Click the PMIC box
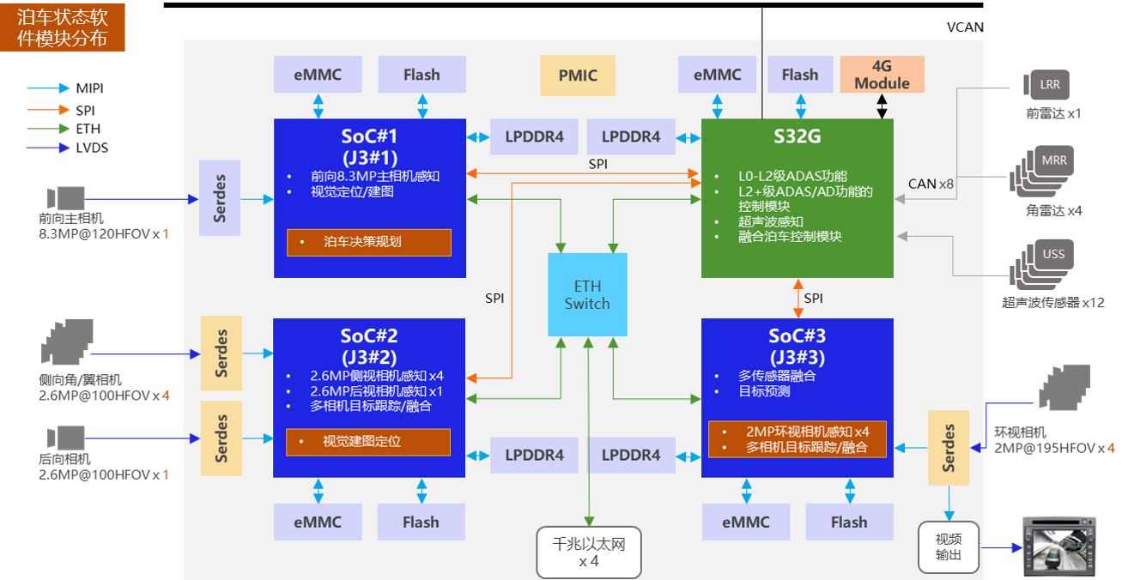coord(578,76)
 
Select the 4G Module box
coord(882,75)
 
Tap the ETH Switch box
coord(587,294)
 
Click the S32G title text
coord(797,136)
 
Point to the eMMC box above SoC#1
coord(318,75)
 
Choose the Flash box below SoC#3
coord(849,523)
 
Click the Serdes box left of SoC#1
coord(220,198)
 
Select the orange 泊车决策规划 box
coord(369,242)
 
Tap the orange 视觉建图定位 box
coord(368,442)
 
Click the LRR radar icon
coord(1046,84)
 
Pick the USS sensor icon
coord(1041,264)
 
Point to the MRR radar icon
coord(1041,172)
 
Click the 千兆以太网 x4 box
coord(589,553)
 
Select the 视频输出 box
coord(949,547)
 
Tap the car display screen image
coord(1059,547)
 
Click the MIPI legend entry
coord(65,88)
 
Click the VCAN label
coord(965,27)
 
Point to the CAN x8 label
coord(931,184)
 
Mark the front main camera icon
coord(65,198)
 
